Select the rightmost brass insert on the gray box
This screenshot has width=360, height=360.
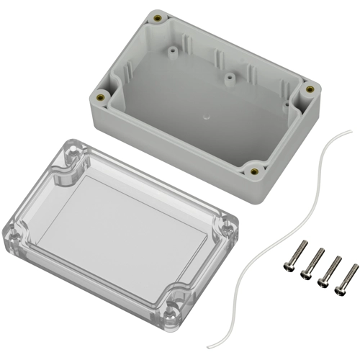click(310, 89)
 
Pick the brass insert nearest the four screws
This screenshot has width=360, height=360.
click(253, 171)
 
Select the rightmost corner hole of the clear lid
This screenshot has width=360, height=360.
click(229, 228)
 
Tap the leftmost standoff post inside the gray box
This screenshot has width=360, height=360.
click(174, 52)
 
